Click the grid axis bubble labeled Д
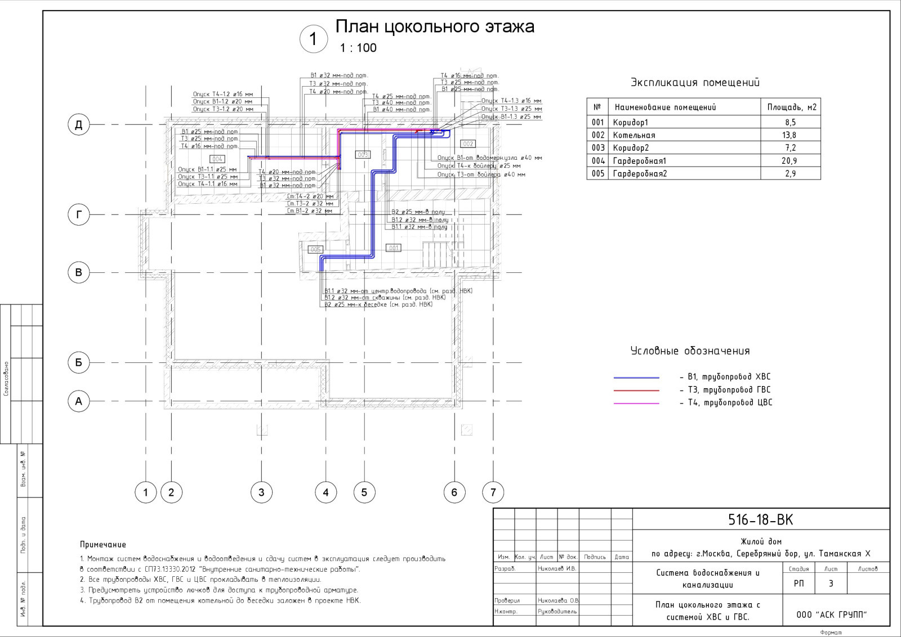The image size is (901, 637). pyautogui.click(x=79, y=124)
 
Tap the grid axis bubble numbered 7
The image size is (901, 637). pyautogui.click(x=493, y=492)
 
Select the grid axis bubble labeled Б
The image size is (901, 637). pyautogui.click(x=79, y=362)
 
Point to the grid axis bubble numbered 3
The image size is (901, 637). pyautogui.click(x=261, y=492)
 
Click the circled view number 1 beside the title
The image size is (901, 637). pyautogui.click(x=313, y=39)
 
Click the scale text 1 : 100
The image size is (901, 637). pyautogui.click(x=358, y=48)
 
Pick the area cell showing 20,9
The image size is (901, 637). pyautogui.click(x=790, y=161)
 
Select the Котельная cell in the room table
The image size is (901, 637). pyautogui.click(x=634, y=135)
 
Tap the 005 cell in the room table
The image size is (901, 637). pyautogui.click(x=597, y=174)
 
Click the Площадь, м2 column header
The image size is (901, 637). pyautogui.click(x=791, y=107)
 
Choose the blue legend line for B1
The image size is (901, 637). pyautogui.click(x=636, y=378)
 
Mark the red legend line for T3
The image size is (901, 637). pyautogui.click(x=636, y=391)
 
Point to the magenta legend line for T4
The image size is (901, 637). pyautogui.click(x=636, y=403)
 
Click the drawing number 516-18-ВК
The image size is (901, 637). pyautogui.click(x=760, y=520)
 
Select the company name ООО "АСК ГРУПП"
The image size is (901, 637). pyautogui.click(x=831, y=615)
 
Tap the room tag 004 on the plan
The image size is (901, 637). pyautogui.click(x=217, y=159)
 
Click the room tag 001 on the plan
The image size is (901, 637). pyautogui.click(x=393, y=248)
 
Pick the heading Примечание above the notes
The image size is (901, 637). pyautogui.click(x=103, y=545)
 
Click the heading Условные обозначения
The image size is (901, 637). pyautogui.click(x=690, y=351)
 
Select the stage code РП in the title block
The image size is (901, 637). pyautogui.click(x=799, y=584)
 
